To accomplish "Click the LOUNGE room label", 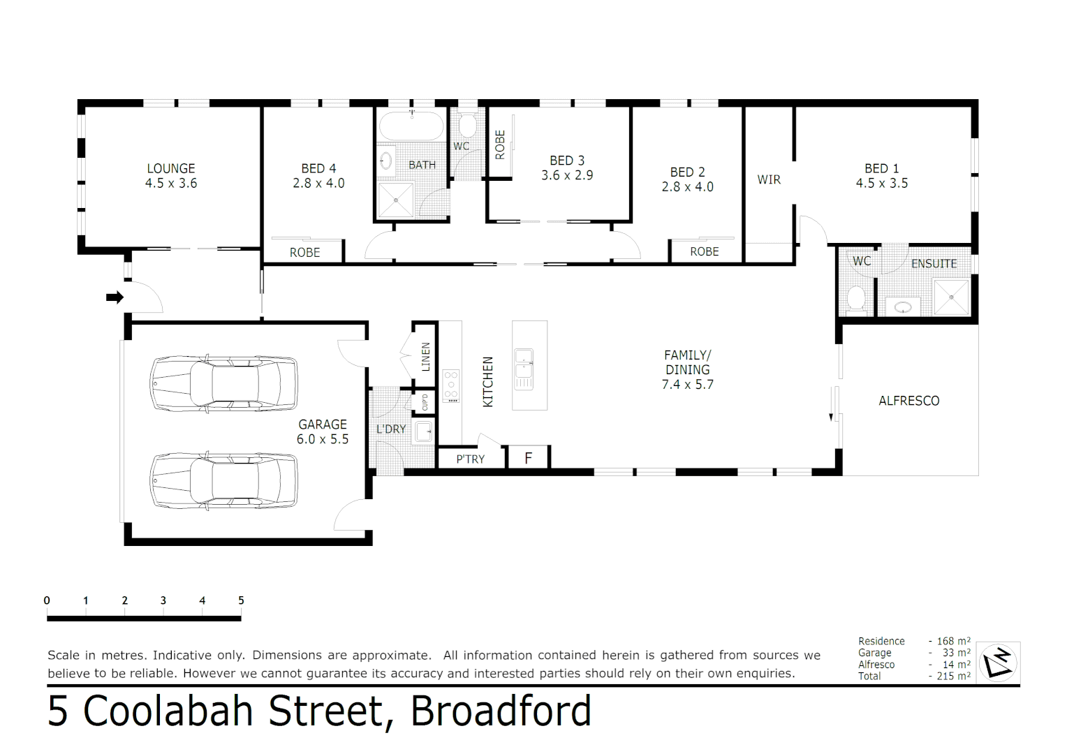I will click(x=171, y=168).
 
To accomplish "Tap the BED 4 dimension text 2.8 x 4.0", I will click(x=318, y=184).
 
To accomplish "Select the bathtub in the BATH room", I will click(x=411, y=126).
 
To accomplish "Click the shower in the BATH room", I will click(x=395, y=200).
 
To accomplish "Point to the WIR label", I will click(x=769, y=179).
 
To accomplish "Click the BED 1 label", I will click(x=881, y=168).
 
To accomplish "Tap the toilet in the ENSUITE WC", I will click(x=856, y=298).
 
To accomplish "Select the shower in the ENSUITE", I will click(x=951, y=297).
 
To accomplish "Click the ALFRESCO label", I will click(x=908, y=401).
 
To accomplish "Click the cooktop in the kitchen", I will click(x=451, y=385).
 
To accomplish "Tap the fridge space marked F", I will click(x=529, y=458).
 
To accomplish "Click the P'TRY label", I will click(x=470, y=459).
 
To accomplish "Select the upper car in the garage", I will click(x=223, y=383).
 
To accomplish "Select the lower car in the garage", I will click(x=223, y=480).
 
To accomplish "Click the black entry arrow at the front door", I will click(x=115, y=297).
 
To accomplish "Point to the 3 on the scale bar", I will click(x=163, y=600).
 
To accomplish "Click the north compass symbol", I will click(x=998, y=662).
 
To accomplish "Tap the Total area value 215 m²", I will click(x=953, y=676).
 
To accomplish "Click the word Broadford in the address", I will click(x=501, y=711).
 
